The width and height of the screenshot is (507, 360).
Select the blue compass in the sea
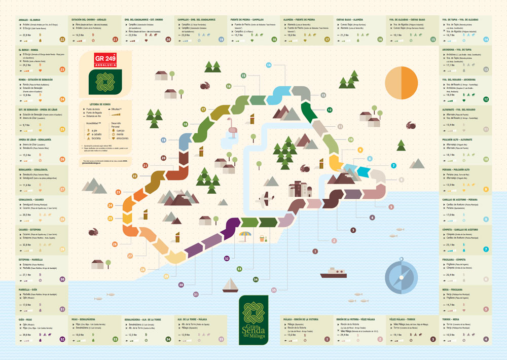[401, 276]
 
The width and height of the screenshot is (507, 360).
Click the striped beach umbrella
[245, 235]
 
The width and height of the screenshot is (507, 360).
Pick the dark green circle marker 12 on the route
[329, 110]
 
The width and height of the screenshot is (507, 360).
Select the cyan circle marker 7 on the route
[393, 166]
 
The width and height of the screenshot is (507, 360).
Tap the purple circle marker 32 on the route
[227, 259]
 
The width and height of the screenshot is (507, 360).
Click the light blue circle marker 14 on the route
[269, 65]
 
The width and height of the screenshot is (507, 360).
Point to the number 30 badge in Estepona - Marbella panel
[62, 279]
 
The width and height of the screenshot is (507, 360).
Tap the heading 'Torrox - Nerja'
[451, 319]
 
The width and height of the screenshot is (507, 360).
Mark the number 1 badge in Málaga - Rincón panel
[327, 339]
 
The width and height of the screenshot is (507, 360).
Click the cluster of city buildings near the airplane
[300, 189]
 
